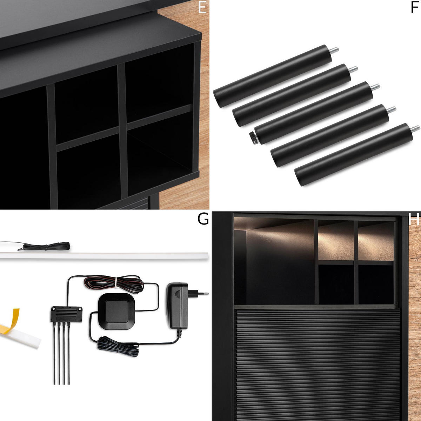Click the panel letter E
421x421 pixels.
(202, 8)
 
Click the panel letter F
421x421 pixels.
(414, 8)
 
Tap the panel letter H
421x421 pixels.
(414, 219)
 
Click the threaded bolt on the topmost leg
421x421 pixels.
(334, 51)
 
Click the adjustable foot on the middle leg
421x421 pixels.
(253, 138)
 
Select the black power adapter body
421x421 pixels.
(178, 306)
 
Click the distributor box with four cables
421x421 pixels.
(66, 314)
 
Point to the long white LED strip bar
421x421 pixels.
(104, 256)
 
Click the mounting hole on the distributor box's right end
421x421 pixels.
(80, 309)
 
